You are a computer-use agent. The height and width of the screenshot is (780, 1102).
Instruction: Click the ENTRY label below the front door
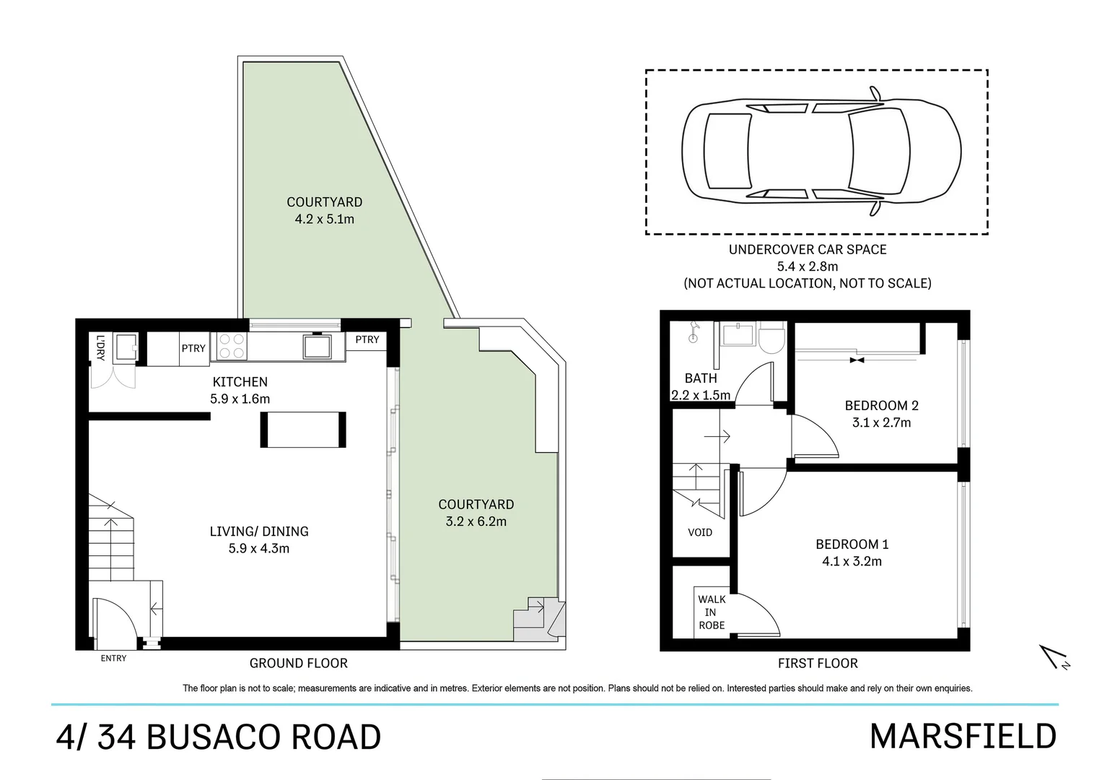(x=113, y=658)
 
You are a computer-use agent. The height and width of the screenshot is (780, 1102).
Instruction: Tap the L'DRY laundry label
(x=100, y=348)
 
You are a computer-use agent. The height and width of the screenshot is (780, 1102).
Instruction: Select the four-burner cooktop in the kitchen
(x=230, y=345)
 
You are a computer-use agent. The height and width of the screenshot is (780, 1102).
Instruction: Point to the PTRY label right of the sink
(x=367, y=339)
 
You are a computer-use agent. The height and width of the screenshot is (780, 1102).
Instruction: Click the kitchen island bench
(x=303, y=430)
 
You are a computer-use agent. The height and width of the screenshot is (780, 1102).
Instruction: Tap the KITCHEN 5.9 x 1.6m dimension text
(x=240, y=399)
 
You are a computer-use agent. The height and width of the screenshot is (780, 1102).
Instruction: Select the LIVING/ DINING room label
(x=258, y=532)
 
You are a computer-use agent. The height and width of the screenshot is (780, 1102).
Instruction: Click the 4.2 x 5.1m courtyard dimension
(x=324, y=219)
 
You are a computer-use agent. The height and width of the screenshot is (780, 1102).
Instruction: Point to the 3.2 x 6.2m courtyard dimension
(x=476, y=521)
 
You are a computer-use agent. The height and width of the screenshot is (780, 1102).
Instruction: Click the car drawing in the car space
(x=821, y=151)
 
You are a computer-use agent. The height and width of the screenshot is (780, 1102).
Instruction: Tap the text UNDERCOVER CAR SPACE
(x=807, y=250)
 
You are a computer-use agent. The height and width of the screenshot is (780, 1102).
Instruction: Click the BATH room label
(x=700, y=378)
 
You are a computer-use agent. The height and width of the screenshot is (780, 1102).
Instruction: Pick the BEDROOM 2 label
(x=881, y=406)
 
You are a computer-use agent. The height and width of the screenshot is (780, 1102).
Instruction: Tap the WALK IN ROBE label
(x=711, y=612)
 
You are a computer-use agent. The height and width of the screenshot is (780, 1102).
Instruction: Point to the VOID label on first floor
(x=699, y=533)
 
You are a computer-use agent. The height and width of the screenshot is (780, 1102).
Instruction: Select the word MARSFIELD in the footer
(x=963, y=737)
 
